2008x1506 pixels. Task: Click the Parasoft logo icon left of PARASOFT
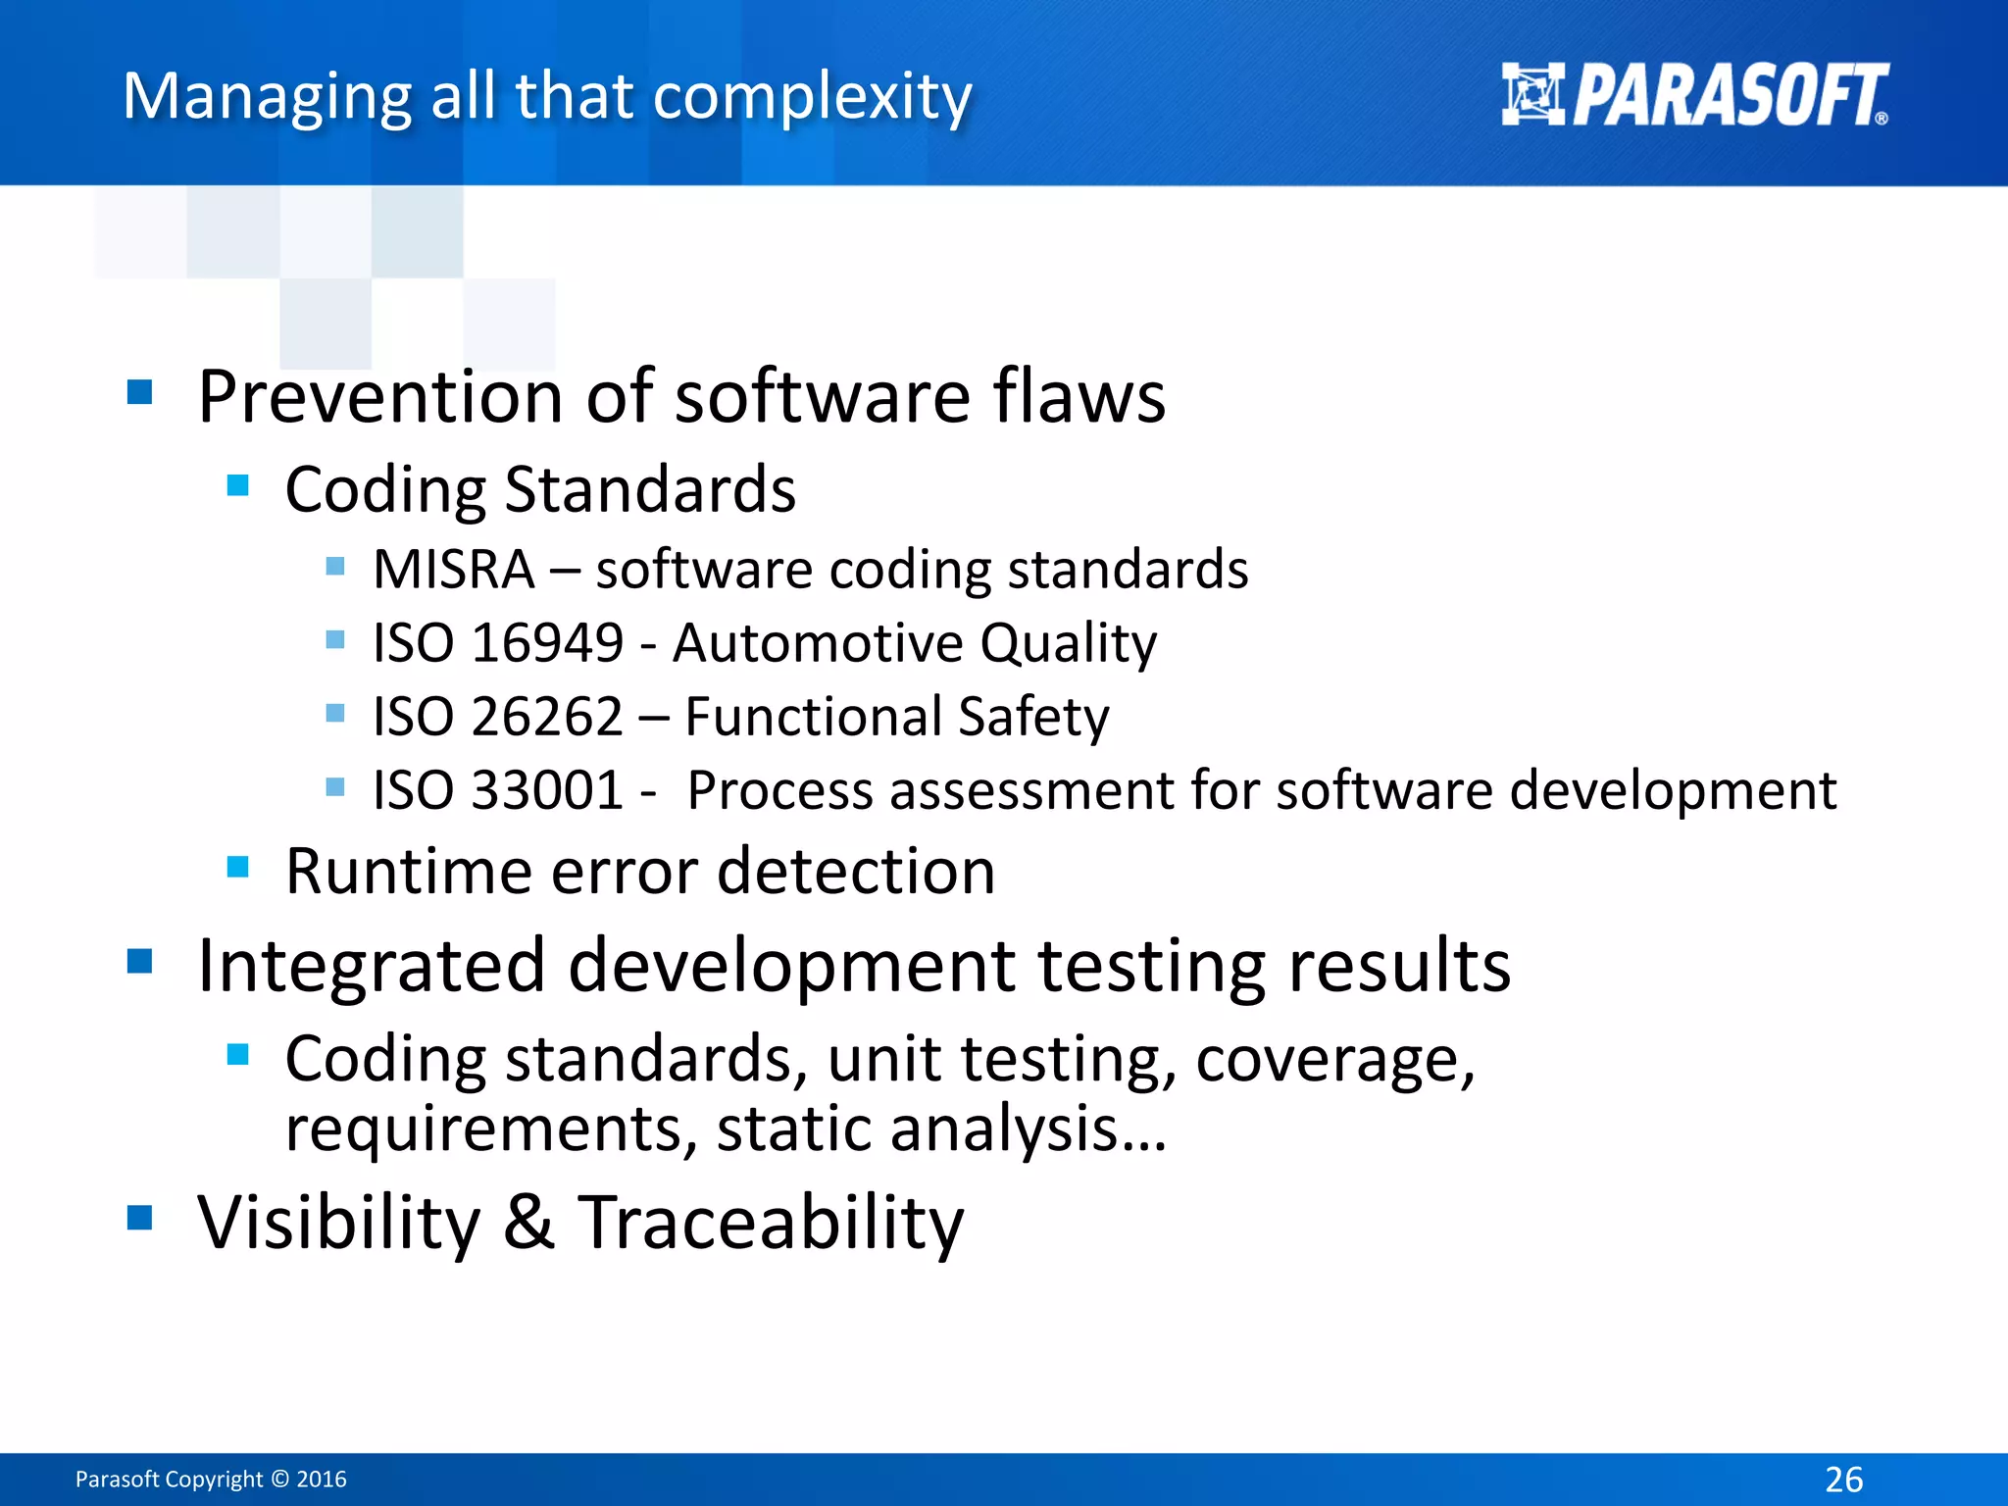(x=1532, y=94)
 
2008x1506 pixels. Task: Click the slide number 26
(x=1843, y=1479)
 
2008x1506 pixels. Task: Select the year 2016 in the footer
(x=322, y=1480)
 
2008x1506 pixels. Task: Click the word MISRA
(x=454, y=570)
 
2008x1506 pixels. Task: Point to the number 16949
(x=547, y=644)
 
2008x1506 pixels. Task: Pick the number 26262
(x=547, y=717)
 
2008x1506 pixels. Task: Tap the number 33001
(x=547, y=790)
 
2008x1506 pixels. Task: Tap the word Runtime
(x=408, y=871)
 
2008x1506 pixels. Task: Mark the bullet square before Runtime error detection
(x=237, y=867)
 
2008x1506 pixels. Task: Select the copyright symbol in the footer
(x=279, y=1480)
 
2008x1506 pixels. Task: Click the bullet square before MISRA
(x=335, y=566)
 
